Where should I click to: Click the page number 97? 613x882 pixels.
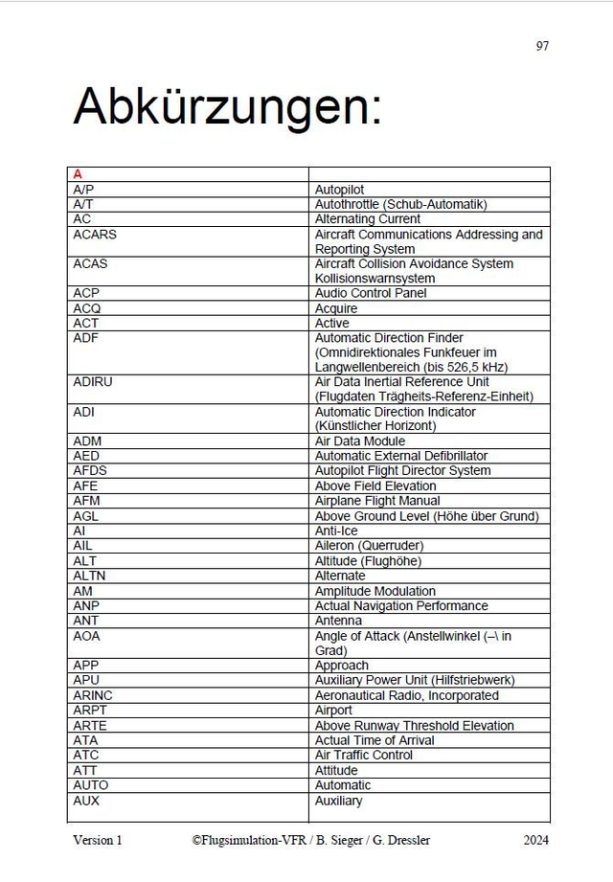pos(542,46)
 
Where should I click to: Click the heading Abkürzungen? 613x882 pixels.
pos(227,107)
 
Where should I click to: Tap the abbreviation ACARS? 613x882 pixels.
pos(94,235)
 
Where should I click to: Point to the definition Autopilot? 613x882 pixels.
pos(339,190)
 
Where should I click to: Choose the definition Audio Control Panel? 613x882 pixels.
pos(371,293)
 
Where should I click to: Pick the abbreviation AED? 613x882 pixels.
pos(85,456)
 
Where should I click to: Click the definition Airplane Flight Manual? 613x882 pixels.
pos(377,501)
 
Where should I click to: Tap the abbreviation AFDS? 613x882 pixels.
pos(89,471)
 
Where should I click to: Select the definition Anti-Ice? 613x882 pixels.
pos(336,531)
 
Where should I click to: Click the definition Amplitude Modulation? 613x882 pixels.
pos(375,591)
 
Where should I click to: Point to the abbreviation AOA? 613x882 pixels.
pos(86,636)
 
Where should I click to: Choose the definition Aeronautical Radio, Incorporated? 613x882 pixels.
pos(406,695)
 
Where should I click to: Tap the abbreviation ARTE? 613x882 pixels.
pos(89,725)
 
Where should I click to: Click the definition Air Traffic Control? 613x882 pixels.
pos(364,755)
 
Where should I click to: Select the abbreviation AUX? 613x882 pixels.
pos(86,800)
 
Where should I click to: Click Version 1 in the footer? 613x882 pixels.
pos(98,840)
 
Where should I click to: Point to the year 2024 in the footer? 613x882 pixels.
pos(535,840)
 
